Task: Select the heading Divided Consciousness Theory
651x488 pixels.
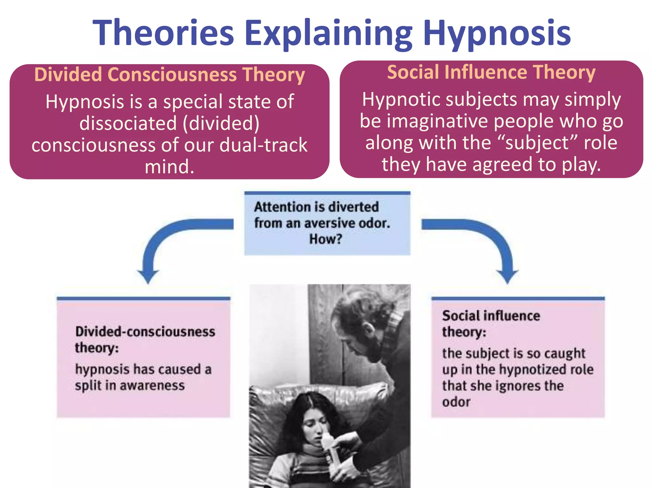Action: click(169, 75)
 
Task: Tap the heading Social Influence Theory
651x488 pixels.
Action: click(491, 72)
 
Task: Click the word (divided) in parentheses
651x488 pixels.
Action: click(221, 123)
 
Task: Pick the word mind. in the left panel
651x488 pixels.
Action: click(169, 167)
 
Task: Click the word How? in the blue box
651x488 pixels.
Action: click(326, 239)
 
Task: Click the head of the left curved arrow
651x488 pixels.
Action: click(148, 276)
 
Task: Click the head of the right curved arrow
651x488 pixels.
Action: click(508, 276)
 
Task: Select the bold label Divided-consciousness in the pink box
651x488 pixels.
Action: click(145, 332)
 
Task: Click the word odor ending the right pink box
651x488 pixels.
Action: click(456, 402)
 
